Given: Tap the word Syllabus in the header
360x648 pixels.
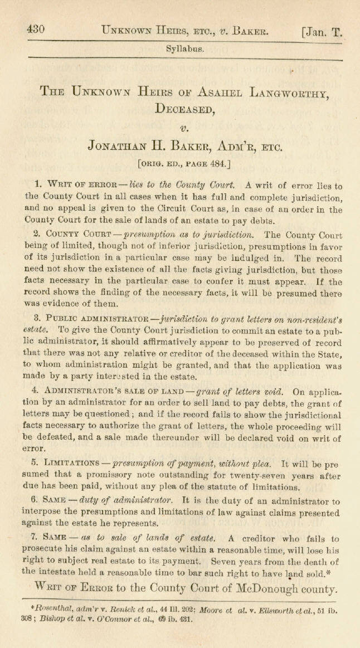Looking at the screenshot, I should pos(184,49).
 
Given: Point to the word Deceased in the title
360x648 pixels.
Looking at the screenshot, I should pos(184,110).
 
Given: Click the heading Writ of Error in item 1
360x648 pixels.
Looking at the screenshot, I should pos(77,186).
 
